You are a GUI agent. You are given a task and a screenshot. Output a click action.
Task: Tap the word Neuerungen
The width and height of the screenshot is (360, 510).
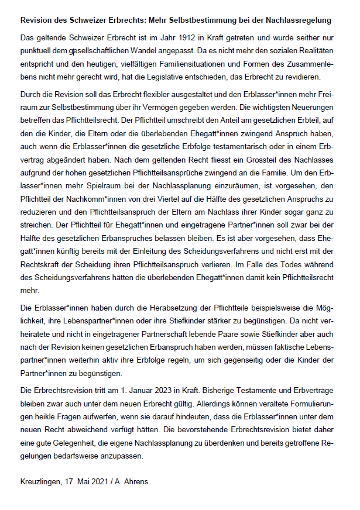pyautogui.click(x=311, y=106)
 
